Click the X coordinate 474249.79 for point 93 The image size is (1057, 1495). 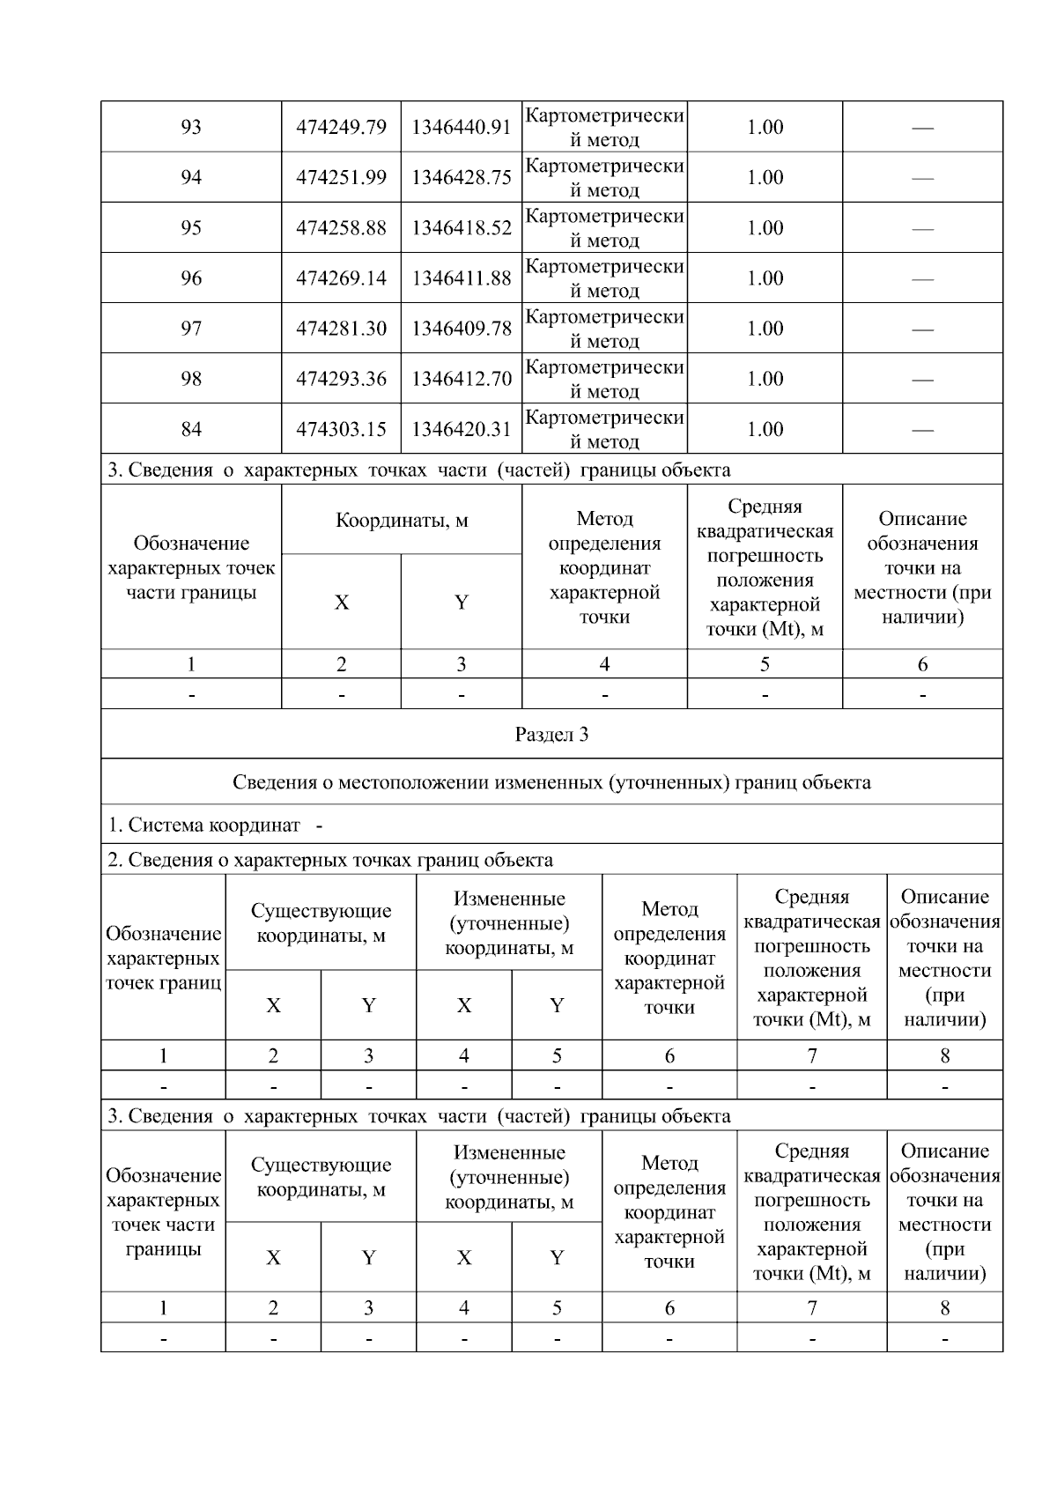coord(341,127)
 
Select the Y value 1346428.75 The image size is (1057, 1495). coord(461,177)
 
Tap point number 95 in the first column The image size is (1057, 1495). coord(191,228)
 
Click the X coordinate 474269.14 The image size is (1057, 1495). coord(341,278)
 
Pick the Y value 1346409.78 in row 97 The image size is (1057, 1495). coord(461,329)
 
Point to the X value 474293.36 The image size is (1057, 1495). coord(341,379)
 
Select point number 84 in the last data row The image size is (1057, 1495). coord(191,429)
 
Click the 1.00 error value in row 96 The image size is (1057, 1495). coord(765,278)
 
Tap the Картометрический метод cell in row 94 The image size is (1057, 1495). coord(604,177)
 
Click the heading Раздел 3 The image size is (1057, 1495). coord(551,735)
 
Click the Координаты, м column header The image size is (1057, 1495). coord(402,520)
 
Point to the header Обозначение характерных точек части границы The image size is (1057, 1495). coord(191,567)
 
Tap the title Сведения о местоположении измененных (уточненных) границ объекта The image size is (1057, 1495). coord(551,782)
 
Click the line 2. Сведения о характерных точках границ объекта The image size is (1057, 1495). coord(330,860)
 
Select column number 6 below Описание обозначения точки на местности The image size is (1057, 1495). coord(922,664)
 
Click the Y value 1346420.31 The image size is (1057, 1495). coord(461,429)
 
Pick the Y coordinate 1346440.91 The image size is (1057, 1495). coord(461,127)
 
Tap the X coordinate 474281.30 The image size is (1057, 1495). coord(341,329)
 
